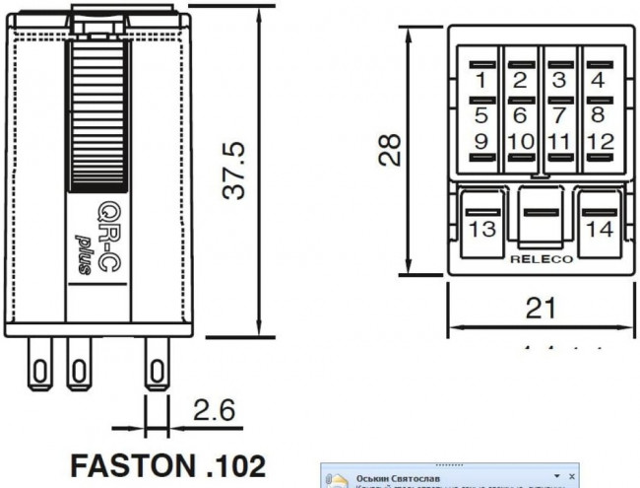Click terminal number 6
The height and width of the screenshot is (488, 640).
(520, 114)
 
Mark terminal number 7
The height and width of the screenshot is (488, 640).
(559, 114)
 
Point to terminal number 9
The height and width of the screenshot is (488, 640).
(481, 142)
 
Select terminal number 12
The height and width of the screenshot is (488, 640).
(598, 142)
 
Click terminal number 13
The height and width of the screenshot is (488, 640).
(481, 229)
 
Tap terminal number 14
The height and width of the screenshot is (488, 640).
(598, 229)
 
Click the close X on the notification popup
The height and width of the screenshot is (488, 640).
(570, 473)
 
